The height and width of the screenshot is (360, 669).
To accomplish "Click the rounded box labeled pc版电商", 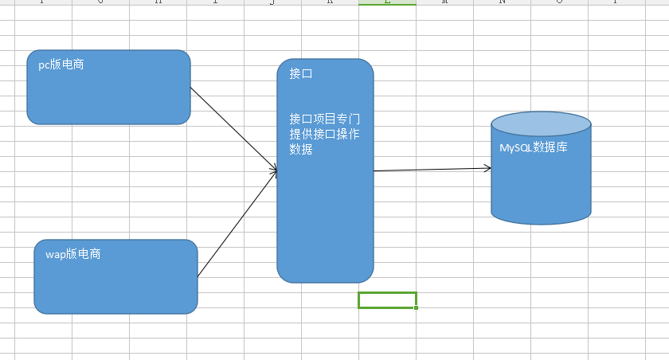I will point(108,96).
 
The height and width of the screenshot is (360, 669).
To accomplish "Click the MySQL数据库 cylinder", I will point(541,183).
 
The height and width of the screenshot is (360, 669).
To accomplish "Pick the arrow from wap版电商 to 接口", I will point(237,224).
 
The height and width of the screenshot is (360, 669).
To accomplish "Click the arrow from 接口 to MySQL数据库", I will point(430,170).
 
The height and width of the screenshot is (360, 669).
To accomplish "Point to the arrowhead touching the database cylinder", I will point(487,168).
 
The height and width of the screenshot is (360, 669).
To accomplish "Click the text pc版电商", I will point(61,65).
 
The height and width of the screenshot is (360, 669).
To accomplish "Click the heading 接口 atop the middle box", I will point(300,73).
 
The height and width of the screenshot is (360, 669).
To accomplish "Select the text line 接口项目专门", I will point(324,119).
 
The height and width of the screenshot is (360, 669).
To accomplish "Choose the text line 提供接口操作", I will point(324,134).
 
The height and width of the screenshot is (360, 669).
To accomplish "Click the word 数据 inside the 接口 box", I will point(300,149).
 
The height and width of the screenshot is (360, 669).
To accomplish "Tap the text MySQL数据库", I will point(533,147).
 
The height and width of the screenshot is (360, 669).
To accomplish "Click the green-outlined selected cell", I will point(387,300).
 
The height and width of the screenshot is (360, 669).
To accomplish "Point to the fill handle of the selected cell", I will point(416,307).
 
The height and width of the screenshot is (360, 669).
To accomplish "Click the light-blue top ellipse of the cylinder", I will point(541,124).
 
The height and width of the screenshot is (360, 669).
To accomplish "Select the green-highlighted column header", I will point(387,2).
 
